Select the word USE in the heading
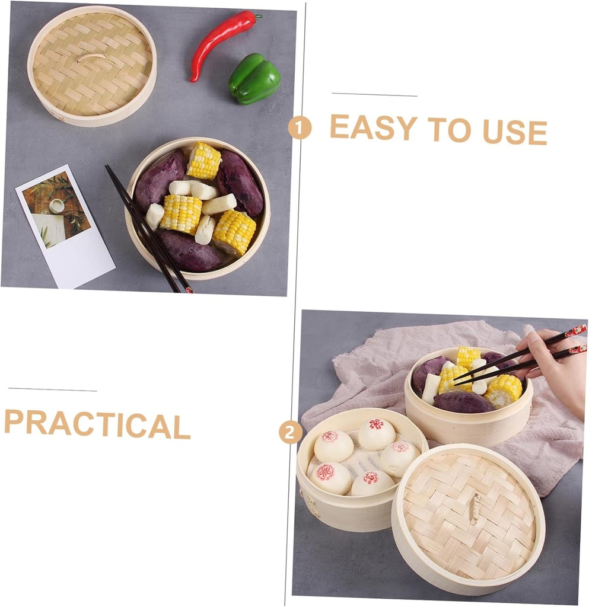pos(514,132)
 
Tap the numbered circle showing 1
pos(300,127)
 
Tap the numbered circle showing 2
pos(290,432)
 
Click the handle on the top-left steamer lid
pos(91,57)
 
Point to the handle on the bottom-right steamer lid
pos(474,509)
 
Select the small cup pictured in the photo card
pos(56,206)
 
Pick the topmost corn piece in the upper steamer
pos(203,160)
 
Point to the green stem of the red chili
pos(257,16)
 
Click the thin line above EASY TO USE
pos(374,95)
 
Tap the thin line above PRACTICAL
pos(52,389)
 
